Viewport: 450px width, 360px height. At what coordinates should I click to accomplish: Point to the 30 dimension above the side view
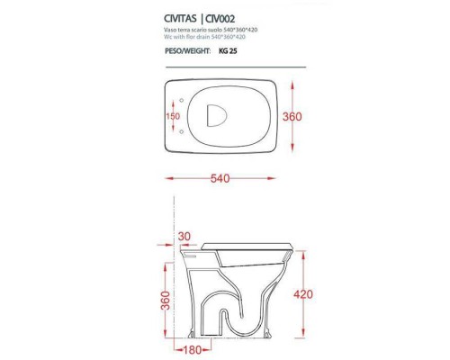click(184, 237)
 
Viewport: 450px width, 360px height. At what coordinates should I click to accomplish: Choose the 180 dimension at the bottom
click(187, 348)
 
